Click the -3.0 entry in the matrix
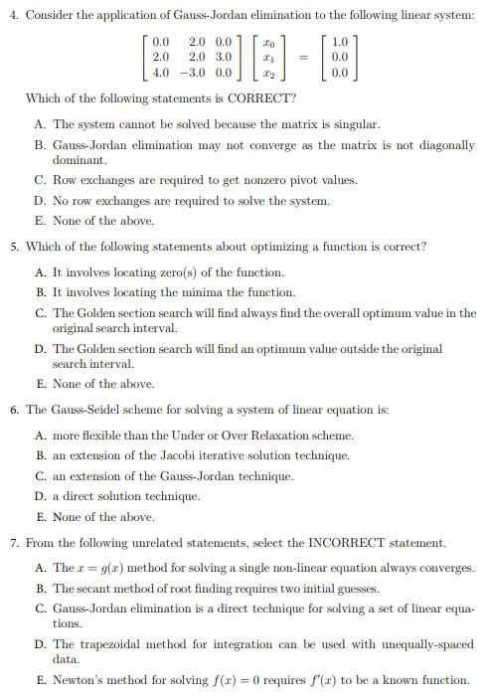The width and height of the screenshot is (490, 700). tap(195, 72)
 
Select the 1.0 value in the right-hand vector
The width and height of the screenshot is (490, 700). tap(341, 42)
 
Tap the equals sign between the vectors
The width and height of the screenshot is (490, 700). tap(300, 57)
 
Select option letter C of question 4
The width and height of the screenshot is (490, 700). tap(39, 180)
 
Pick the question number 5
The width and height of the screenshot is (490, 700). tap(14, 247)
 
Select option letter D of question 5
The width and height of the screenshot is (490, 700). tap(39, 349)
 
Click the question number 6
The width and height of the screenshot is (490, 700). tap(14, 410)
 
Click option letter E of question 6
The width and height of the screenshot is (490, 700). tap(39, 517)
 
